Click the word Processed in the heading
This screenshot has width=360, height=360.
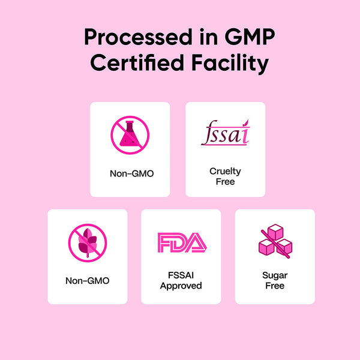click(138, 37)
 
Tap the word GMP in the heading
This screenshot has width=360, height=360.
click(250, 37)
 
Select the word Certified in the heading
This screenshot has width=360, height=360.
click(137, 62)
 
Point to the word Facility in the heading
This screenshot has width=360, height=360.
click(230, 64)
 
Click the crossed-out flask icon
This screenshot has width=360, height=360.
click(130, 135)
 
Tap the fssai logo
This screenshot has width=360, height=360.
click(225, 133)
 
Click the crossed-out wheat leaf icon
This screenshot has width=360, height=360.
click(88, 243)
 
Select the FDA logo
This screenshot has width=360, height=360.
click(182, 242)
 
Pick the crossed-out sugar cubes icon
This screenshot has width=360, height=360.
click(275, 241)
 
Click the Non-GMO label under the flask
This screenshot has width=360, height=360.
click(132, 173)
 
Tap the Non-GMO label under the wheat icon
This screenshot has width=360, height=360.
click(88, 281)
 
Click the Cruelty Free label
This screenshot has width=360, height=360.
click(225, 176)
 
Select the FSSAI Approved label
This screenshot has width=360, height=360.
click(181, 281)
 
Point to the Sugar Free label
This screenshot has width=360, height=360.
click(275, 281)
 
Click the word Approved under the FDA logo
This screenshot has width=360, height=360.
click(181, 286)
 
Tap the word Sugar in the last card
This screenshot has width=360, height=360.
click(275, 275)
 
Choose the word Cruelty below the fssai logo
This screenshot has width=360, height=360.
click(225, 172)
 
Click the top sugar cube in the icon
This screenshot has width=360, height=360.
click(275, 232)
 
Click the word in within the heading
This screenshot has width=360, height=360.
click(208, 37)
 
